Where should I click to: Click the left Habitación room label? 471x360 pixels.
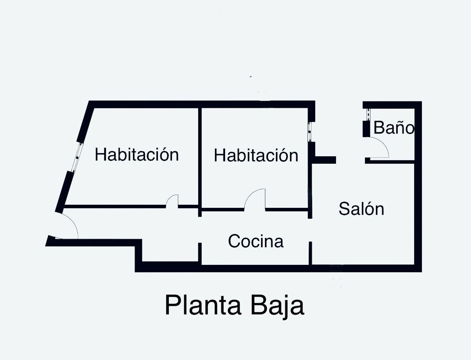(x=137, y=154)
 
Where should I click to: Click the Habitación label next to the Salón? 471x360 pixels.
(x=256, y=155)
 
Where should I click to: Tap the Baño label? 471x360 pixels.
(x=394, y=127)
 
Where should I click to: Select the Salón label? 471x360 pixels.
(x=361, y=208)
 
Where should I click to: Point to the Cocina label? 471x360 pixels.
(x=256, y=241)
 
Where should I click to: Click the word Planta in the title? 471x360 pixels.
(x=203, y=305)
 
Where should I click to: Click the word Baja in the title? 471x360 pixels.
(x=277, y=307)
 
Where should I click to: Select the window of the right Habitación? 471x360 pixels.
(x=309, y=132)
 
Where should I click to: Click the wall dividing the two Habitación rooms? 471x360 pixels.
(x=200, y=162)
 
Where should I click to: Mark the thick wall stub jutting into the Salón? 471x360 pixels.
(x=324, y=160)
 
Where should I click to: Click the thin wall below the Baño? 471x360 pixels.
(x=390, y=162)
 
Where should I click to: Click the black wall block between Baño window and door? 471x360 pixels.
(x=366, y=129)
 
